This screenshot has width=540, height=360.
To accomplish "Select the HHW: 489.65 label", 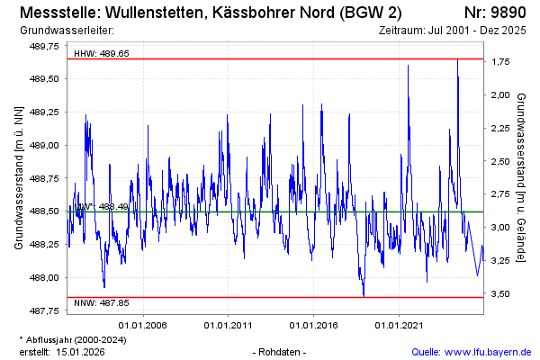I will (x=102, y=53).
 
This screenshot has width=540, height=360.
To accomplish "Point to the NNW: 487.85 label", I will (x=102, y=302).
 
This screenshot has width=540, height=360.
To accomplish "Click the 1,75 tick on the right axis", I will (x=501, y=62).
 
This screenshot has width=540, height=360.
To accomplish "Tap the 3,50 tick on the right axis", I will (x=501, y=293).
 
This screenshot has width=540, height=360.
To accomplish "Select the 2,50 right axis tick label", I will (x=501, y=161).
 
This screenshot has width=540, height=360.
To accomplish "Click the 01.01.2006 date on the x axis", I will (x=144, y=325).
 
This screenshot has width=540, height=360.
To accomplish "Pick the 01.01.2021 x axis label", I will (x=399, y=325).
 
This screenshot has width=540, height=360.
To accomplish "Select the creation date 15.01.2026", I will (x=80, y=351).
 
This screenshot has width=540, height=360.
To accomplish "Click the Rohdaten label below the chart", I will (x=281, y=351).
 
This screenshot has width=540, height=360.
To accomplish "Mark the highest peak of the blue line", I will (x=458, y=59).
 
